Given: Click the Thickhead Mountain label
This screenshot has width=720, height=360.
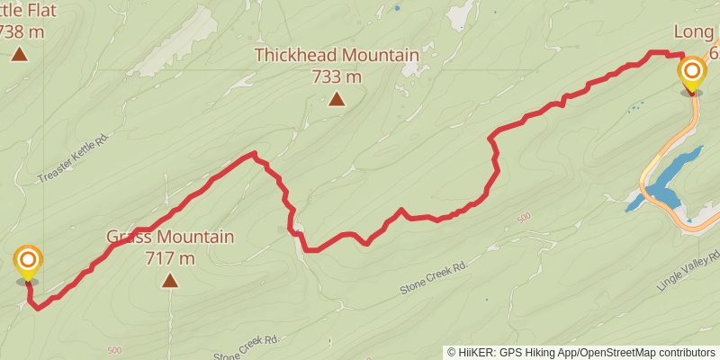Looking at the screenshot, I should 336,56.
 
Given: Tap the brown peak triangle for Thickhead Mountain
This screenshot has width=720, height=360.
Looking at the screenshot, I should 336,99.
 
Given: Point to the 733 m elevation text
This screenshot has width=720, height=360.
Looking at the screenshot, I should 336,76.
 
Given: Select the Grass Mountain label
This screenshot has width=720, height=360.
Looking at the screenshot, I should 170,238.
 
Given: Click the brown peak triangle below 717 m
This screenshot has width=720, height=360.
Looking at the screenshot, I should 170,281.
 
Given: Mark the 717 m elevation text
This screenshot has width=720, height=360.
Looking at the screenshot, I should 170,258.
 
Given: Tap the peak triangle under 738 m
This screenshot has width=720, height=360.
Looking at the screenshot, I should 19,54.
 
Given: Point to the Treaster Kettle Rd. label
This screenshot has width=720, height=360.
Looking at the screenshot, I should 74,159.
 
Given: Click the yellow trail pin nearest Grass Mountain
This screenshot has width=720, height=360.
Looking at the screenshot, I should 28,263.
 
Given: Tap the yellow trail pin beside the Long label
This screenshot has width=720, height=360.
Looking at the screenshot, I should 692,73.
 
